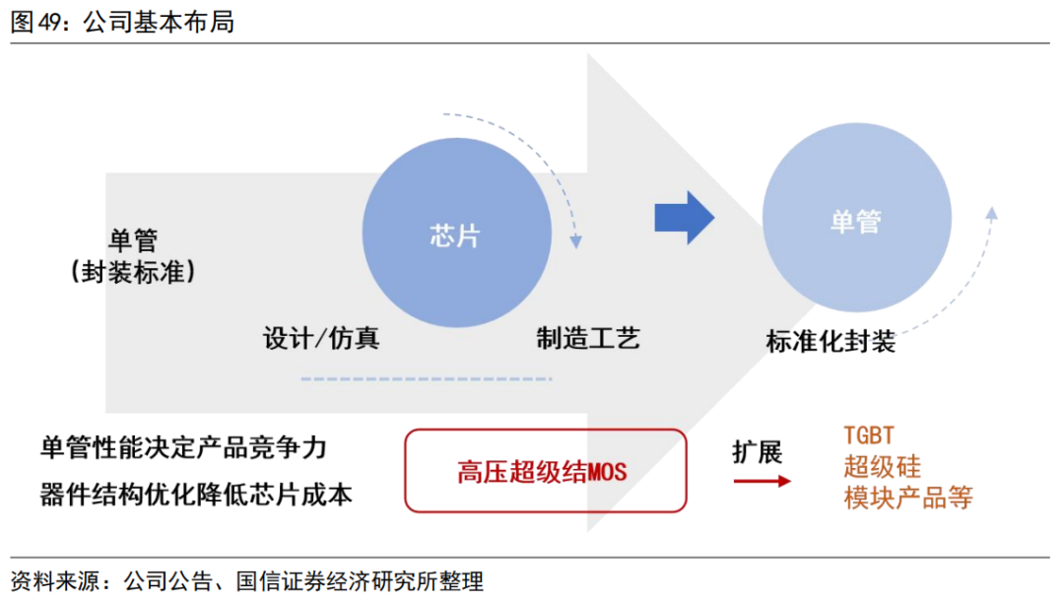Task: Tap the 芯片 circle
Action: [456, 234]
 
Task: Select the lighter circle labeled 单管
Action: [856, 221]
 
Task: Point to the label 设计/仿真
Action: [321, 339]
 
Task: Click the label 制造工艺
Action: [588, 339]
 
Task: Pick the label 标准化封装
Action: [831, 342]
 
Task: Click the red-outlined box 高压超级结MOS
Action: [545, 471]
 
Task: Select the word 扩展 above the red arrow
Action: [757, 452]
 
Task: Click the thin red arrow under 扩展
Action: [762, 481]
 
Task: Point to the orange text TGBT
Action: [868, 435]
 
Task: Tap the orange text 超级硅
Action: [882, 465]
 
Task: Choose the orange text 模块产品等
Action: [907, 497]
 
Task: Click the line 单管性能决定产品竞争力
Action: [183, 448]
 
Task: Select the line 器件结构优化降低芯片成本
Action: [196, 494]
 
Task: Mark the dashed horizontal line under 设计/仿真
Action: [427, 378]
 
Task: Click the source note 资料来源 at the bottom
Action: [246, 580]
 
